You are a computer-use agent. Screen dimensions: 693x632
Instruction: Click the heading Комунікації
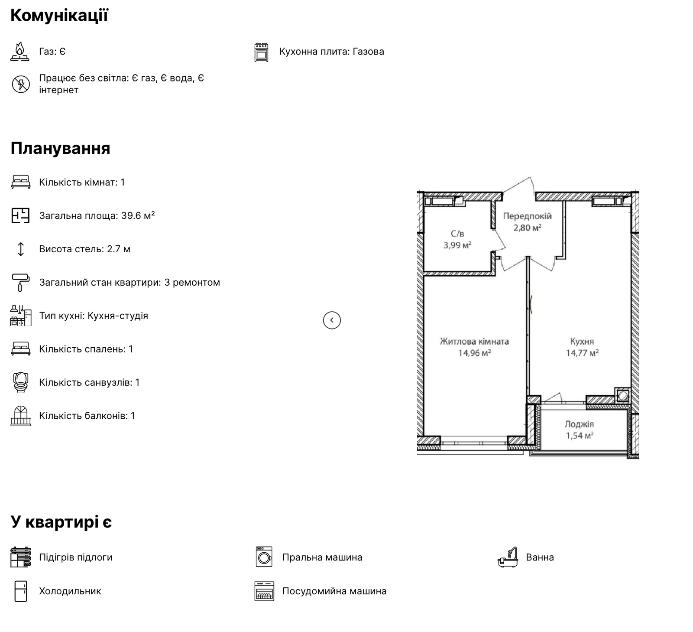tap(59, 16)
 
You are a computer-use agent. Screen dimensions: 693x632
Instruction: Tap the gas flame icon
tap(20, 52)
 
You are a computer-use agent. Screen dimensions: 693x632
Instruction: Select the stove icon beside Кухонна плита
tap(261, 52)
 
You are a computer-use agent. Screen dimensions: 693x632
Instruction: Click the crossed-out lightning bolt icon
tap(21, 84)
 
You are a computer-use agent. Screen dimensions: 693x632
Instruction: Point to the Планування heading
tap(60, 148)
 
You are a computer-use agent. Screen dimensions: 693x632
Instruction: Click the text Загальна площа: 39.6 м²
tap(97, 215)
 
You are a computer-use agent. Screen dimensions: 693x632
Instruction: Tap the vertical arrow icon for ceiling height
tap(21, 249)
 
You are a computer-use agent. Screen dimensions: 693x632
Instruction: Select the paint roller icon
tap(20, 282)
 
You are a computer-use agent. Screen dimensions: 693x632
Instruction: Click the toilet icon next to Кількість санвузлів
tap(21, 382)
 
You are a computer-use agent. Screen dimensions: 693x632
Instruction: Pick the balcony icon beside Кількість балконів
tap(21, 416)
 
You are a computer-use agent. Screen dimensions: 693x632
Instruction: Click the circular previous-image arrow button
tap(332, 320)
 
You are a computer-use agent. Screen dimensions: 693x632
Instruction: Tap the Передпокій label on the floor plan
tap(527, 216)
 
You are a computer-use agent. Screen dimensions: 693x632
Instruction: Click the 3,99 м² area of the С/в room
tap(457, 245)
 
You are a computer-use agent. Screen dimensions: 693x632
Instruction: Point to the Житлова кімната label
tap(474, 342)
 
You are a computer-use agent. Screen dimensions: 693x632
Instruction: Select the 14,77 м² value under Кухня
tap(582, 353)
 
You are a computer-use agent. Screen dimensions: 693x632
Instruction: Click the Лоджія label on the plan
tap(579, 424)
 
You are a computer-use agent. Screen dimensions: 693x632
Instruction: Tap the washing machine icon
tap(264, 557)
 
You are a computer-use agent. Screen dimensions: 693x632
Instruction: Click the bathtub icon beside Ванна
tap(508, 557)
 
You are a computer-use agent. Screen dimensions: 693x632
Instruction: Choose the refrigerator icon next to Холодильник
tap(21, 591)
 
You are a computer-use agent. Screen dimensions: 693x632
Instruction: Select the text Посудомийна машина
tap(334, 591)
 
